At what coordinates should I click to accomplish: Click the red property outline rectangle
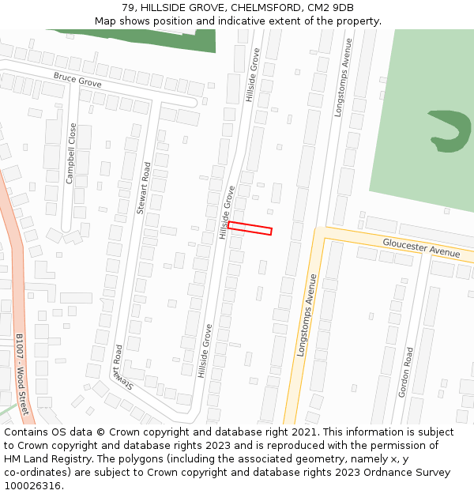click(x=250, y=228)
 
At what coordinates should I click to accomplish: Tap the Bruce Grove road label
click(x=77, y=80)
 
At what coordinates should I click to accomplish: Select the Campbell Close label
click(x=71, y=153)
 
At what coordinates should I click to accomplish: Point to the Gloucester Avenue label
click(x=421, y=247)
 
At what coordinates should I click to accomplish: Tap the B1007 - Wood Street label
click(x=21, y=374)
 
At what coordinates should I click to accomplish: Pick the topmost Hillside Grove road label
click(x=252, y=76)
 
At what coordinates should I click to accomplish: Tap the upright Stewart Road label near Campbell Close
click(x=143, y=188)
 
